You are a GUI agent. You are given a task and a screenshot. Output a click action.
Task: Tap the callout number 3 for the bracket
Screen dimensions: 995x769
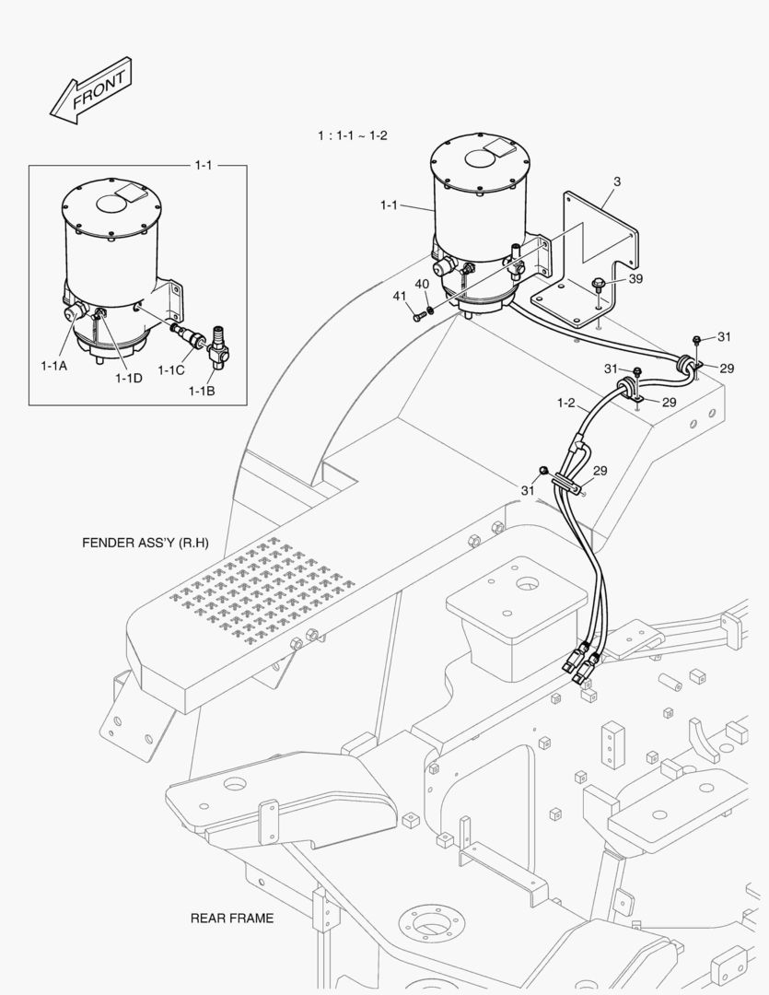(616, 182)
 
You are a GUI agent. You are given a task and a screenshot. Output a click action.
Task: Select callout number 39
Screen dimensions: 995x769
(635, 280)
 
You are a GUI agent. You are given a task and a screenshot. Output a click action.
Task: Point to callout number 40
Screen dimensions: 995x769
(422, 285)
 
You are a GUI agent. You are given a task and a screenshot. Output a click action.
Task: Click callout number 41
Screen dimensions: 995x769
(399, 296)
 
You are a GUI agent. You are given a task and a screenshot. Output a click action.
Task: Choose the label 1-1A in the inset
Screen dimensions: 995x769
(54, 366)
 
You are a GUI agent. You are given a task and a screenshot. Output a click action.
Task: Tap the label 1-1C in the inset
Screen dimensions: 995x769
(170, 370)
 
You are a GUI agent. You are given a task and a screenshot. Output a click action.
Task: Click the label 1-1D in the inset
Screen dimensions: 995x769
(128, 378)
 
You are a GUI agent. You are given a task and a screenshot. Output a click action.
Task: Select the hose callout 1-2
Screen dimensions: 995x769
(566, 403)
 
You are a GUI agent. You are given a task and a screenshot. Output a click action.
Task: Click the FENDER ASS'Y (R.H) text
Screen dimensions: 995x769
(145, 542)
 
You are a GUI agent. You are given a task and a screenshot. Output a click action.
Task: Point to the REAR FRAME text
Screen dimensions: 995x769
(231, 918)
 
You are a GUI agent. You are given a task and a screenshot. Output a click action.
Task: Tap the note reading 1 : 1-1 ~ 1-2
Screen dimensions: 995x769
(353, 135)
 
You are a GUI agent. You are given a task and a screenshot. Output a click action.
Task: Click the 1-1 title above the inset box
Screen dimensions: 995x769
(203, 165)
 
